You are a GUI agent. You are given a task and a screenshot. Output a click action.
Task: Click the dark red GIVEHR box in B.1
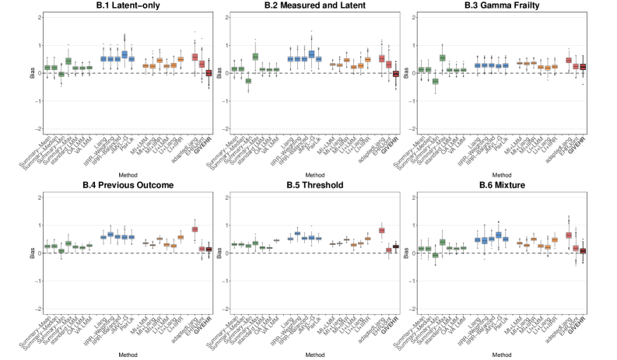pos(208,73)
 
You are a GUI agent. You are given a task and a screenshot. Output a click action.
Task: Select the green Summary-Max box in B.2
pos(255,56)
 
